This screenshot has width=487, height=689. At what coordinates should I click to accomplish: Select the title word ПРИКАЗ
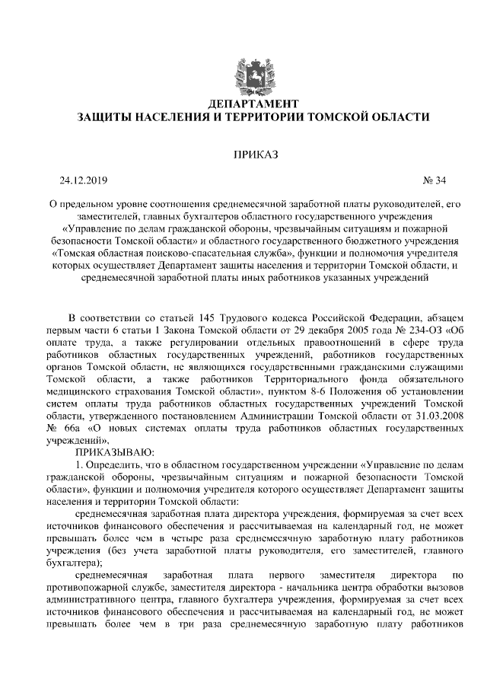(254, 155)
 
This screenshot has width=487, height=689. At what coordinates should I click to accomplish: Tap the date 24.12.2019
(84, 180)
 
